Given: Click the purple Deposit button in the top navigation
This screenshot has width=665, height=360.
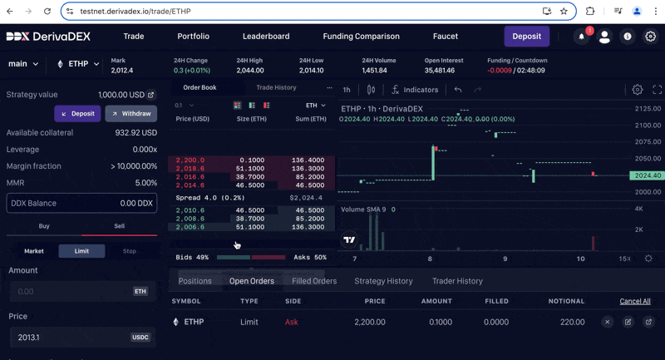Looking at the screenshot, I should pos(526,37).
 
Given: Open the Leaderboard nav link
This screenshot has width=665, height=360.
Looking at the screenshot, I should pos(266,37).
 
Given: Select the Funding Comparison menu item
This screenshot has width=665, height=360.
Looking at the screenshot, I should pos(361,37).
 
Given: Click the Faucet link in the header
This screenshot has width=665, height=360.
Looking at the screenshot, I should pos(446,37).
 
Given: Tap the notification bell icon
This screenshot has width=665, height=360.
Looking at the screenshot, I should pos(581,37).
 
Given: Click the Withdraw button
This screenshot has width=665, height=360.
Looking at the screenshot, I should pos(131,113).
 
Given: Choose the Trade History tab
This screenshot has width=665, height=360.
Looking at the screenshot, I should pos(276,87).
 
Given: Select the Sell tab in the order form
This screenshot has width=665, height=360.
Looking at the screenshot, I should pos(119,226).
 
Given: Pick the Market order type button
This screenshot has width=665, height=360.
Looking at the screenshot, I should pos(34,251).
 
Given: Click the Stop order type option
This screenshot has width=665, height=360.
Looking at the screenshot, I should pos(129,251).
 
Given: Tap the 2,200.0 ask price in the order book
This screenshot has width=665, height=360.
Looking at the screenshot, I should pos(190,160).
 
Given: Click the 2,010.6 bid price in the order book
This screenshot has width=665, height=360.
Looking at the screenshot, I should pos(190,211).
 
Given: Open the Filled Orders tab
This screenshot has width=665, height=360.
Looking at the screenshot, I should pos(314,281).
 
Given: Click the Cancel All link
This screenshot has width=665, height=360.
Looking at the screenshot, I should pos(634,301).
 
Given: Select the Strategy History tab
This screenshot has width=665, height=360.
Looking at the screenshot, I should pos(383,281).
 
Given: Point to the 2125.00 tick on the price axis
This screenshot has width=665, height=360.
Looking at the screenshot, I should pos(647,109).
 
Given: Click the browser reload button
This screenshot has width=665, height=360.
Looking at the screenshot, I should pos(47,12).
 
